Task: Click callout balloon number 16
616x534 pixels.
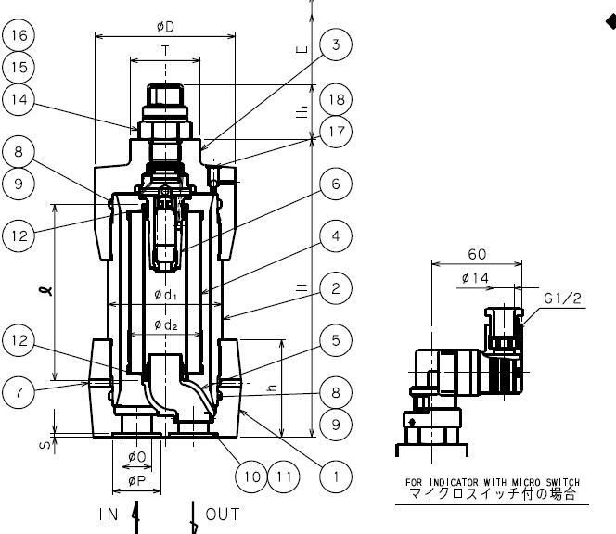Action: pyautogui.click(x=19, y=36)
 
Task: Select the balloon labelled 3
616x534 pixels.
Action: pyautogui.click(x=335, y=44)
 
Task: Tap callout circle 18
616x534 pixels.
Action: pyautogui.click(x=336, y=98)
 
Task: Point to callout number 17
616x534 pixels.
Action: pyautogui.click(x=336, y=133)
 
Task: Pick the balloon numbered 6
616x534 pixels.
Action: pyautogui.click(x=335, y=184)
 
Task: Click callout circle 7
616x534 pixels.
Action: pyautogui.click(x=19, y=391)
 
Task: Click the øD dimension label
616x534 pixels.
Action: pyautogui.click(x=165, y=27)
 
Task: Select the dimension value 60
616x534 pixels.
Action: pyautogui.click(x=478, y=255)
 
